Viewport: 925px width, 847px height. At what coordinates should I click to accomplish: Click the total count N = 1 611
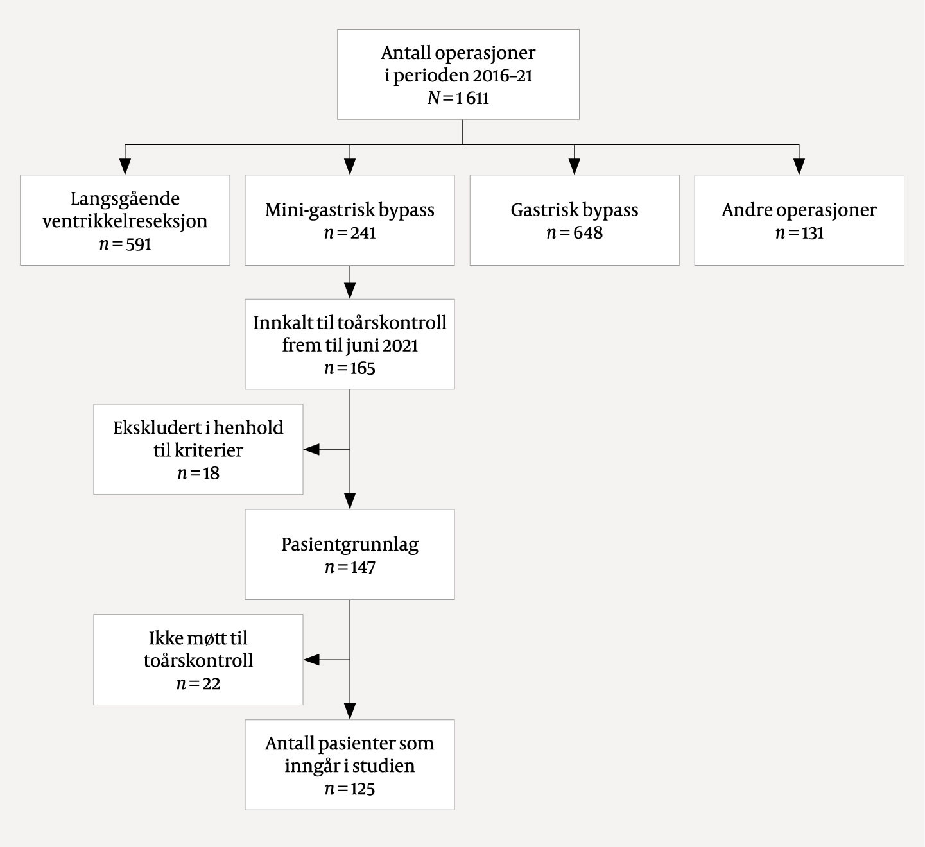point(458,98)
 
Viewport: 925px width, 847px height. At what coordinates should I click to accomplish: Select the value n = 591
point(125,244)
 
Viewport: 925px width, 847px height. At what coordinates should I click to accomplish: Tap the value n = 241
point(350,233)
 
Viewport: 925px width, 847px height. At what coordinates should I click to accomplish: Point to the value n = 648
point(575,233)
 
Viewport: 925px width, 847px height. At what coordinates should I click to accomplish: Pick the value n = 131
point(799,233)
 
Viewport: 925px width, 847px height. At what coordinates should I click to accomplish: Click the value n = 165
point(350,368)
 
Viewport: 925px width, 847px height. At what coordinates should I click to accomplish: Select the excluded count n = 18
point(198,474)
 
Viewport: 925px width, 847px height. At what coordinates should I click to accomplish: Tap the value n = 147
point(350,568)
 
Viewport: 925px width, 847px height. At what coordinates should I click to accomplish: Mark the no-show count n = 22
point(198,684)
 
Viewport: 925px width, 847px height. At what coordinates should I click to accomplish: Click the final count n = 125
point(350,789)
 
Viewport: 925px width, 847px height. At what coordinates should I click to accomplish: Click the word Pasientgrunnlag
point(350,545)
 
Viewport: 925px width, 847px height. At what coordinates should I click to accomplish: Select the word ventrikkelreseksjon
point(125,221)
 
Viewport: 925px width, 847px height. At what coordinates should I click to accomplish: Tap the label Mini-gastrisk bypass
point(350,210)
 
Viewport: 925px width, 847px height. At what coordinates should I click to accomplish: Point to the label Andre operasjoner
point(799,210)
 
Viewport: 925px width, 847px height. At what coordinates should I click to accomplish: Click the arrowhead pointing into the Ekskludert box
point(311,450)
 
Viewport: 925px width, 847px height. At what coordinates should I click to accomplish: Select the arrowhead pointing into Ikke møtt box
point(311,660)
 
